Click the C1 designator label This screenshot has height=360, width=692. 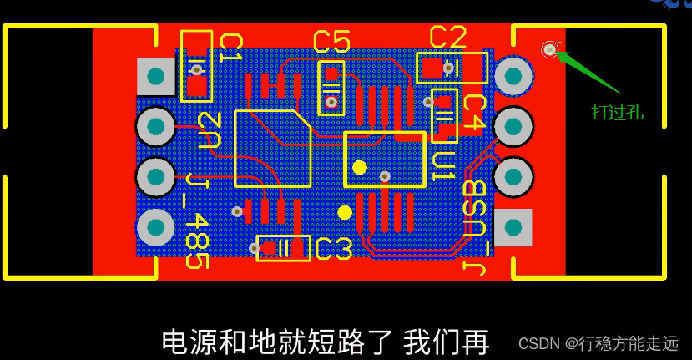230,49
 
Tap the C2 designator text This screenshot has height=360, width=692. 447,38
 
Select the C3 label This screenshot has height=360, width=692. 334,248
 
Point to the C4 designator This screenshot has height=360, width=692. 473,111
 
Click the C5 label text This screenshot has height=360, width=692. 331,41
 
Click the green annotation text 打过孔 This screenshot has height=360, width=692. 617,111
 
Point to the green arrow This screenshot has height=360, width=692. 588,70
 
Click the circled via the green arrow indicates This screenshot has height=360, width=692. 549,50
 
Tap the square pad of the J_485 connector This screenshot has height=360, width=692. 154,78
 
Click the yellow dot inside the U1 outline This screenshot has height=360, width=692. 359,167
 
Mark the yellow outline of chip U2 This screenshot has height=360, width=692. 273,148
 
